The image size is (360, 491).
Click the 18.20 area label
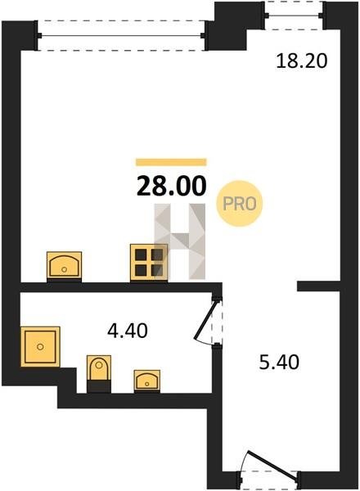click(x=302, y=61)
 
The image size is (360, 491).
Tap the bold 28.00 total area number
click(x=172, y=186)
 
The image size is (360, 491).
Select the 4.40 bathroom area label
click(x=127, y=331)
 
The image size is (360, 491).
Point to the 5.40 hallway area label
click(x=279, y=362)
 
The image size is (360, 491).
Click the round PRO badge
click(x=240, y=204)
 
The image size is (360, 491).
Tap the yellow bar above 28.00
click(x=171, y=162)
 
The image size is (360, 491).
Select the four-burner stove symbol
click(x=149, y=262)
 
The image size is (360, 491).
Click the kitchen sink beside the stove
click(x=64, y=265)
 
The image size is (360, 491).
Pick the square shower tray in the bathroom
click(x=40, y=346)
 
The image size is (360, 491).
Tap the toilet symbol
click(x=99, y=373)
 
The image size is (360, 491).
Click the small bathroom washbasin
click(x=147, y=381)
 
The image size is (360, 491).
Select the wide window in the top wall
click(x=121, y=36)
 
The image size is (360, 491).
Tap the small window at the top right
click(x=294, y=16)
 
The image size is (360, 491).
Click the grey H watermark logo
click(x=180, y=241)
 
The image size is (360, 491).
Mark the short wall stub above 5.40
click(x=318, y=286)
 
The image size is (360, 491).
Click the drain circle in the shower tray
click(x=40, y=347)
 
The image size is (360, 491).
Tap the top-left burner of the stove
click(x=142, y=255)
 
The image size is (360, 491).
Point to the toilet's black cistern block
click(x=99, y=386)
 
